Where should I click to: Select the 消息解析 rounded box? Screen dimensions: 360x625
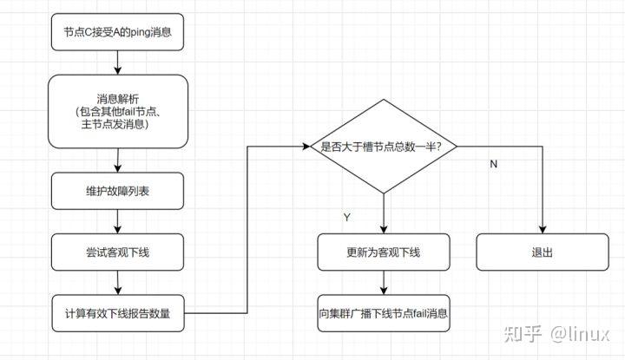click(x=118, y=110)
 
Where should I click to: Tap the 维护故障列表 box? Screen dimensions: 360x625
click(x=118, y=191)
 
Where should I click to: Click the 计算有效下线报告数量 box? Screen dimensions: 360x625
click(x=118, y=313)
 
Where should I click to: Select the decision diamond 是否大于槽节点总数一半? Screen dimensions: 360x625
click(x=383, y=147)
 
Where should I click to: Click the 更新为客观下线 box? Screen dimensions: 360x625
click(x=383, y=252)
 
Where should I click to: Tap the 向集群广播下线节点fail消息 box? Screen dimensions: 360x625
click(x=383, y=313)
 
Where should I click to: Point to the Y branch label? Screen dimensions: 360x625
click(x=347, y=218)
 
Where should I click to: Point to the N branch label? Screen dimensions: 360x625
click(x=493, y=165)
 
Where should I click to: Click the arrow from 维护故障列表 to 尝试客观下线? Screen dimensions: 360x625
click(x=118, y=221)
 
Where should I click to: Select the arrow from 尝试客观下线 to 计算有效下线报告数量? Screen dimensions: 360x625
click(x=118, y=283)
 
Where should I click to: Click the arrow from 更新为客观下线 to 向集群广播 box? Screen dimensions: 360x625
click(x=383, y=283)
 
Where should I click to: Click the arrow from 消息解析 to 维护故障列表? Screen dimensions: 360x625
click(x=118, y=160)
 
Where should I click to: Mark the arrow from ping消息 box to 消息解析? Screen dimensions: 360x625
click(x=118, y=63)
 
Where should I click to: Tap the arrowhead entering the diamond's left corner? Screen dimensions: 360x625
click(x=305, y=147)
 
